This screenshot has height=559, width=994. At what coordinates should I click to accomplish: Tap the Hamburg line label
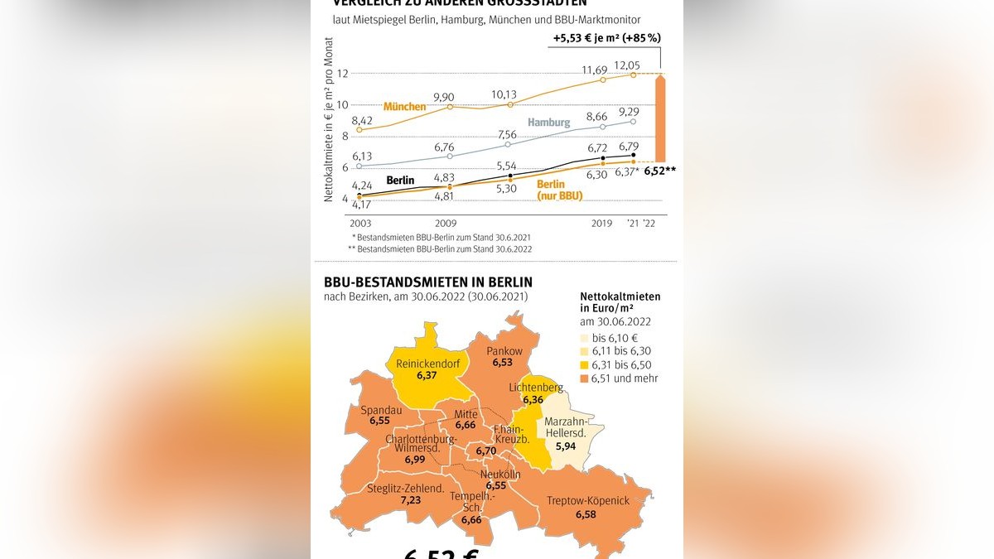pos(548,123)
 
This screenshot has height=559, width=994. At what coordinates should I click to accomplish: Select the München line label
pos(404,107)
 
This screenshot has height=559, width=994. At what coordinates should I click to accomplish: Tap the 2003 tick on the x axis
pos(360,224)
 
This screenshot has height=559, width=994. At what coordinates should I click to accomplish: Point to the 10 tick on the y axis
pos(341,105)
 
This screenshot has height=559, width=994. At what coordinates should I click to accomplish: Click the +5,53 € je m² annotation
pos(606,38)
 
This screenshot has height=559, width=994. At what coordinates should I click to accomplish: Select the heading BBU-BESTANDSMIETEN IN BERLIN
pos(428,282)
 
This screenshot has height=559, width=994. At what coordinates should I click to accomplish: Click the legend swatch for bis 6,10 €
pos(585,338)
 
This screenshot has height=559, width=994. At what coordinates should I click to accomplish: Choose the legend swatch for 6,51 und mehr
pos(585,378)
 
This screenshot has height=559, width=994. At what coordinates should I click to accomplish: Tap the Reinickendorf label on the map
pos(427,364)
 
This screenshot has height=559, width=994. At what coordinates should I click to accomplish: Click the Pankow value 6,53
pos(503,363)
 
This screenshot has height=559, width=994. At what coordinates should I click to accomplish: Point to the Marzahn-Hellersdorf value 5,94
pos(566,446)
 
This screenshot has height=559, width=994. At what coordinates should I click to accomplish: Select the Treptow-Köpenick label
pos(588,501)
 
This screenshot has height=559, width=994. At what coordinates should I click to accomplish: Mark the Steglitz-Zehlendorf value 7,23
pos(411,501)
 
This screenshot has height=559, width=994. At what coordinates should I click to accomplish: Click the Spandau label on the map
pos(380,409)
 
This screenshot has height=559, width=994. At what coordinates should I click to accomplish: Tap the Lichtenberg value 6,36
pos(533,400)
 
